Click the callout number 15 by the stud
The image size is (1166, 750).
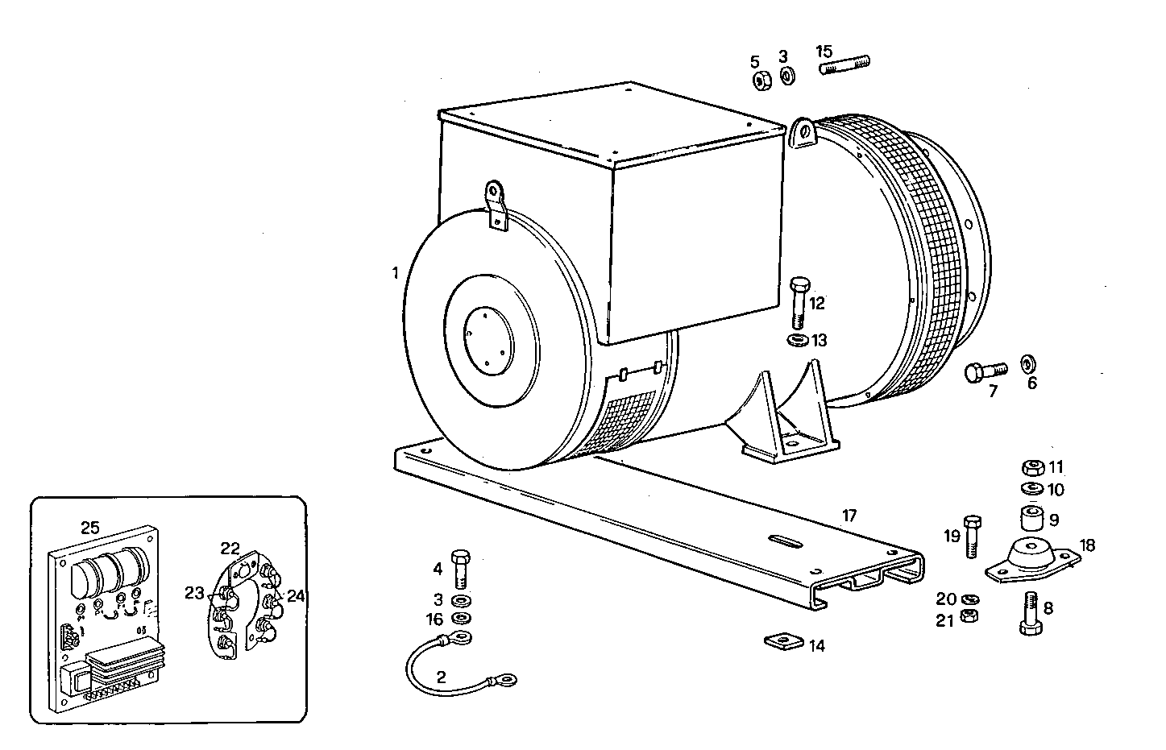click(x=824, y=51)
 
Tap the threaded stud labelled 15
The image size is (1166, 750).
click(x=846, y=64)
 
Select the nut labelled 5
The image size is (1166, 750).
click(x=760, y=79)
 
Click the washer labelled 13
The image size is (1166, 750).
click(x=797, y=340)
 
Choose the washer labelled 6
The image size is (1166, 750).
click(x=1029, y=363)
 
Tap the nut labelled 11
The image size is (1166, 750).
click(x=1031, y=467)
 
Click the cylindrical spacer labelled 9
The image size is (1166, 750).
click(x=1031, y=516)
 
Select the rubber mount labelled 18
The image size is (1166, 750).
click(x=1031, y=560)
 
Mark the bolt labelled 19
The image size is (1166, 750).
click(x=972, y=535)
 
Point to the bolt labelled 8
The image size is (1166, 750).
click(x=1031, y=614)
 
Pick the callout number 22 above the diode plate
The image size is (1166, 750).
click(x=230, y=548)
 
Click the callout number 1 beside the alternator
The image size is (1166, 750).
click(x=396, y=273)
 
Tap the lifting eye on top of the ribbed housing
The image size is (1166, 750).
click(x=803, y=133)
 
